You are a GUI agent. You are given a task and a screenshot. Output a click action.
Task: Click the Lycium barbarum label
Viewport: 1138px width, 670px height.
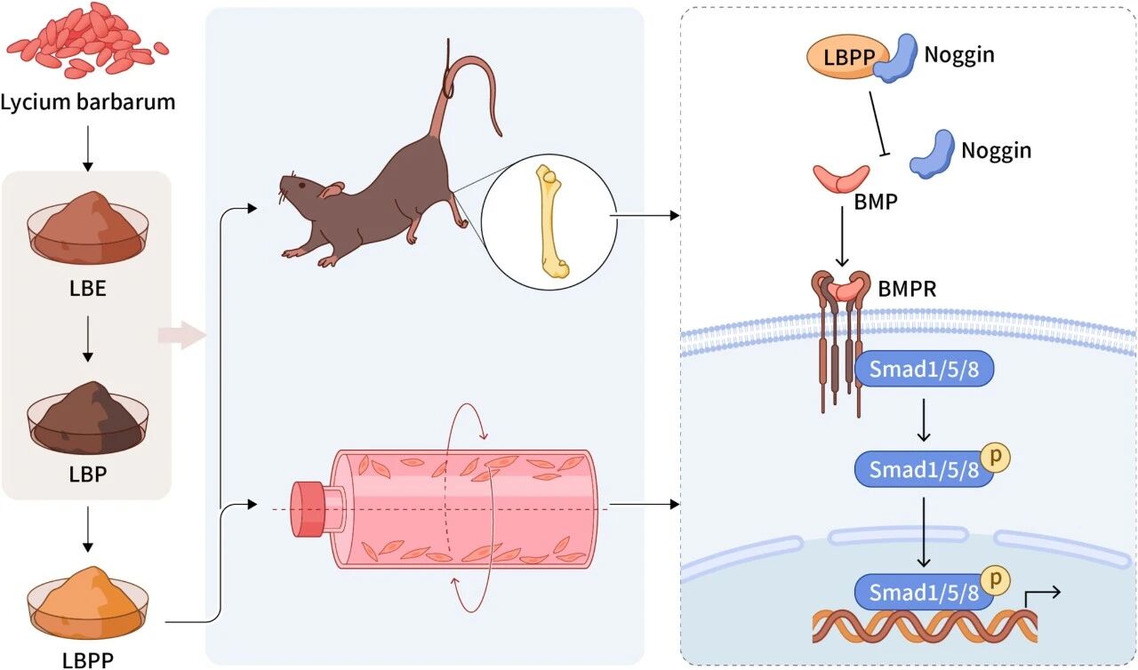87,101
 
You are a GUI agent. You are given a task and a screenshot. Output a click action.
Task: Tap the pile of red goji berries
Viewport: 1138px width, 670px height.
87,41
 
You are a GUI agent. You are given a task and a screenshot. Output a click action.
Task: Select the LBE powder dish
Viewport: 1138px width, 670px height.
87,227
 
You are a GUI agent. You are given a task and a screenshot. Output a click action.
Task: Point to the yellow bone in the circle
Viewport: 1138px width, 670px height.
549,217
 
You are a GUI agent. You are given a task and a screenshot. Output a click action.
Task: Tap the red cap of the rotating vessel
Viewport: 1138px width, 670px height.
308,510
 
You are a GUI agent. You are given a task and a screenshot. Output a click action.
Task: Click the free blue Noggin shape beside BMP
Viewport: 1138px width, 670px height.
933,154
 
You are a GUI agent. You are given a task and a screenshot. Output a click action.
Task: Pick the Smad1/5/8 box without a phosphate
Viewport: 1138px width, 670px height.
924,370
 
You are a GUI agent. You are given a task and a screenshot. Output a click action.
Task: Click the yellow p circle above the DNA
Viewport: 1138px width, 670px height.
998,579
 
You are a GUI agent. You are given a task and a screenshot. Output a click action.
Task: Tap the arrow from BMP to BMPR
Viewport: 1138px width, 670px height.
842,239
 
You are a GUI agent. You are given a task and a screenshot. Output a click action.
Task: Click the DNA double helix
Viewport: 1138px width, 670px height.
925,626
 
